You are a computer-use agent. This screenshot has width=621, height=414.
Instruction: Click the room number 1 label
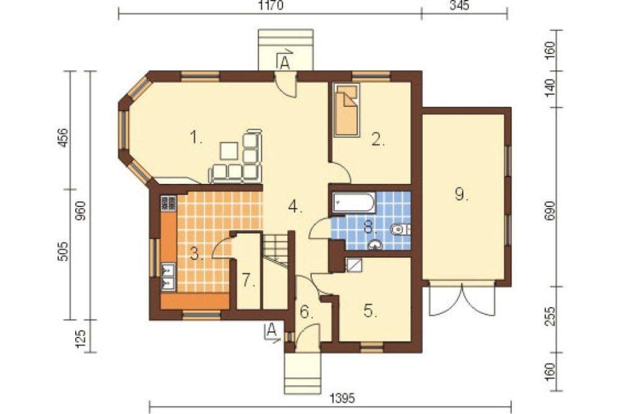[196, 138]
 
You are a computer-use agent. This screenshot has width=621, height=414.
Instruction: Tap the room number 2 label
[378, 139]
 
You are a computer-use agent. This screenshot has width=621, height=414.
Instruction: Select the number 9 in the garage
[461, 195]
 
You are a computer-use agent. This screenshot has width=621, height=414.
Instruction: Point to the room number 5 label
[371, 311]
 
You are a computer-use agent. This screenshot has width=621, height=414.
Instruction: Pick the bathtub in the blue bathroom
[354, 202]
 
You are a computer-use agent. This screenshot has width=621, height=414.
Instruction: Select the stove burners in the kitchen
[168, 203]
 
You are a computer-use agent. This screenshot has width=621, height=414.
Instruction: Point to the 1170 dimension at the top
[271, 6]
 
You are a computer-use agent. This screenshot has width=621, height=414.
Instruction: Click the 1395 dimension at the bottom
[342, 398]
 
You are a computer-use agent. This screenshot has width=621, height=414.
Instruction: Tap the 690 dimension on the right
[550, 211]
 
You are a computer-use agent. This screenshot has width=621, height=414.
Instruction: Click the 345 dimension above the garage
[460, 6]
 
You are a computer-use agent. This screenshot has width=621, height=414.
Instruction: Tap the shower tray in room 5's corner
[354, 265]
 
